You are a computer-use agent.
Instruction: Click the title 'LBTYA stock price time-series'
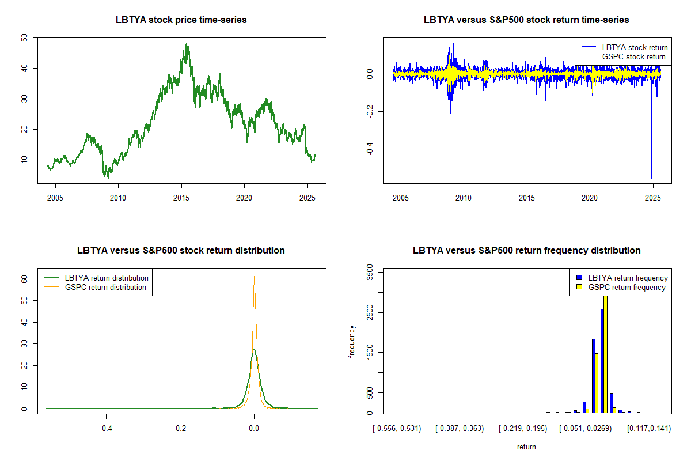pyautogui.click(x=181, y=20)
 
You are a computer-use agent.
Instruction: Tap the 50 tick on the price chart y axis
pyautogui.click(x=24, y=38)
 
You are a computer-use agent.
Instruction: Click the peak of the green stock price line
pyautogui.click(x=187, y=43)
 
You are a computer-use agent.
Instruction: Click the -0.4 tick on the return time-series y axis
pyautogui.click(x=369, y=149)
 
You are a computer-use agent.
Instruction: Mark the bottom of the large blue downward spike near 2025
pyautogui.click(x=651, y=178)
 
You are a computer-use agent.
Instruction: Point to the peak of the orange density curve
pyautogui.click(x=254, y=277)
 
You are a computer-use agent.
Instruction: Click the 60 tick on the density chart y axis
pyautogui.click(x=24, y=278)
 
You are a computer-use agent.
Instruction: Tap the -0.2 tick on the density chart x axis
pyautogui.click(x=180, y=429)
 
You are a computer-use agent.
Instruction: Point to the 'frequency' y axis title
pyautogui.click(x=352, y=342)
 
